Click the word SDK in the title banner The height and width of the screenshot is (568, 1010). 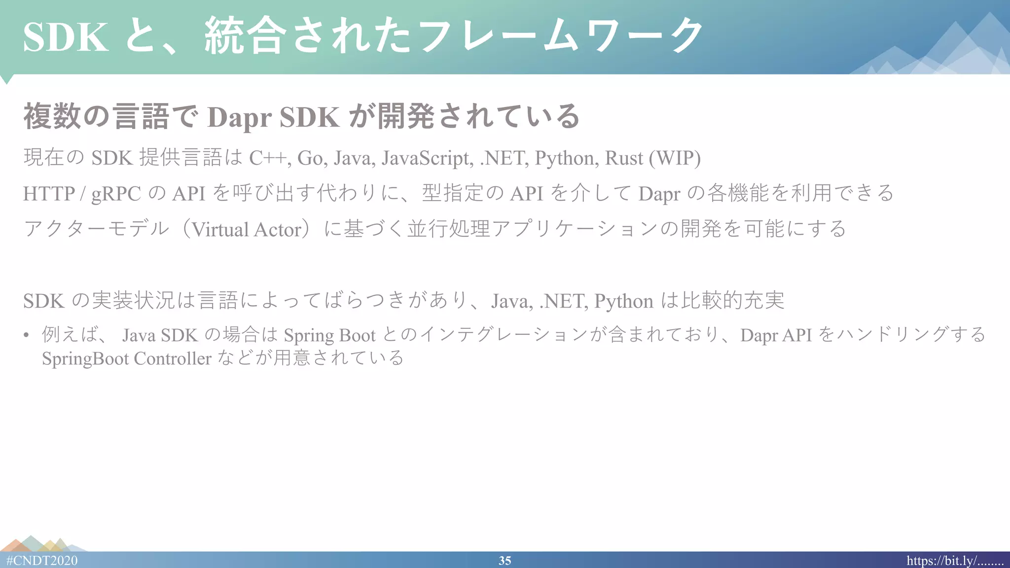(x=66, y=37)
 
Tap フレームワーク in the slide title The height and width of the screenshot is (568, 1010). (x=562, y=35)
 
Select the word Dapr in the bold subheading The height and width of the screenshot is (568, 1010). (x=239, y=117)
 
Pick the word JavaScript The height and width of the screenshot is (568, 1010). (x=427, y=158)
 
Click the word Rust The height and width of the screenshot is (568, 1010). (x=624, y=158)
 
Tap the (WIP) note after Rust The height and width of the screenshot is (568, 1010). (x=675, y=158)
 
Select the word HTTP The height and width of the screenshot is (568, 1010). (x=49, y=194)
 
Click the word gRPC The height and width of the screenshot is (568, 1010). (x=116, y=194)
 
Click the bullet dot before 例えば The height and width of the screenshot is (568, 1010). (x=26, y=335)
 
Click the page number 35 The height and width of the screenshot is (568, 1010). (x=505, y=561)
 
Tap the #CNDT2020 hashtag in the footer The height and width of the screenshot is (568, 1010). (x=42, y=561)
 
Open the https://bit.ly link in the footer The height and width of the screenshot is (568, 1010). (x=955, y=561)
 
